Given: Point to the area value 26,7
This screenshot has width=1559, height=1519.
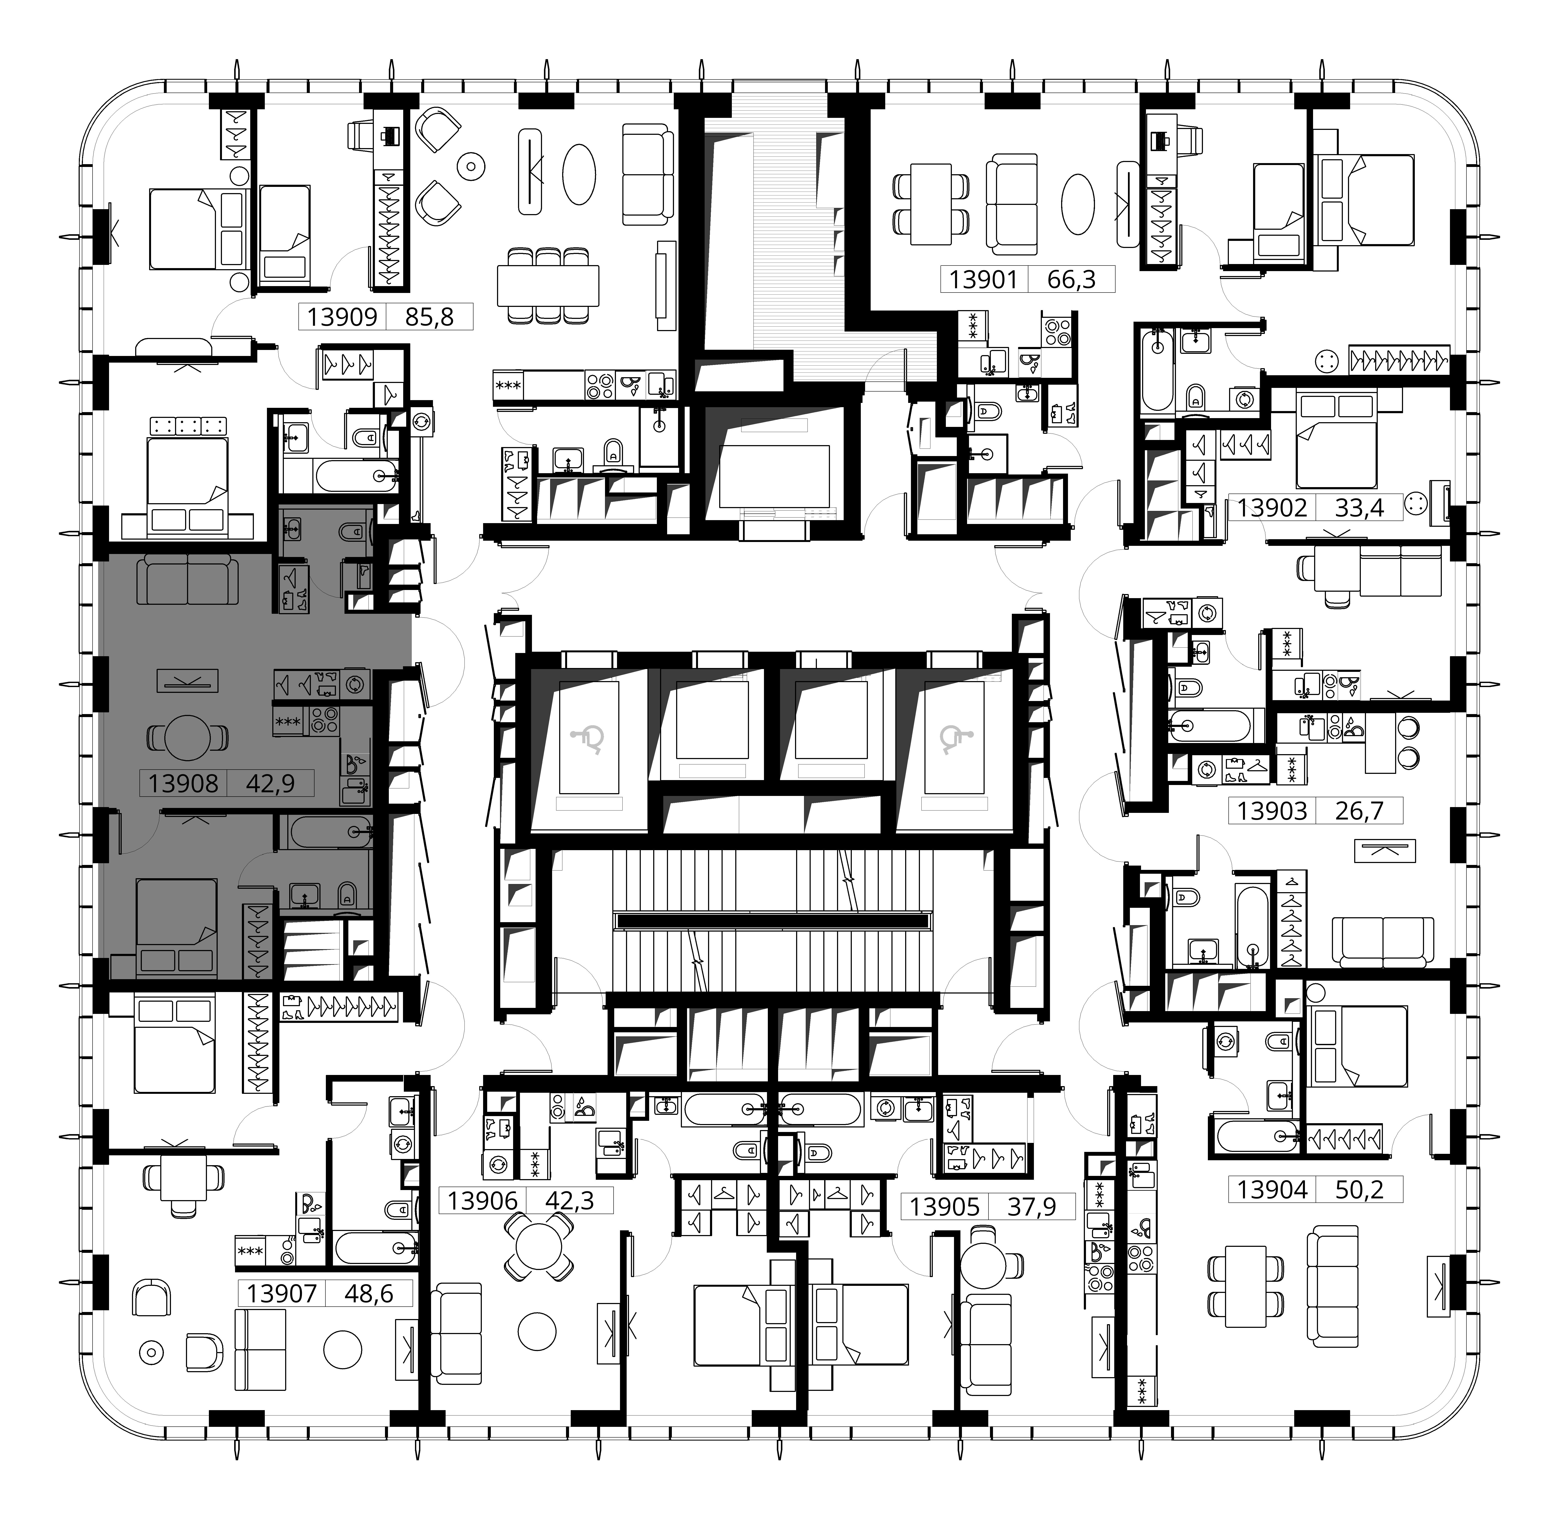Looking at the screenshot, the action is tap(1358, 811).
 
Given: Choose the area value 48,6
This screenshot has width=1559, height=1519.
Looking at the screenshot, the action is tap(368, 1293).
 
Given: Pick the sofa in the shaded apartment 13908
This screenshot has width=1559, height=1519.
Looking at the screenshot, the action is tap(187, 582).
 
